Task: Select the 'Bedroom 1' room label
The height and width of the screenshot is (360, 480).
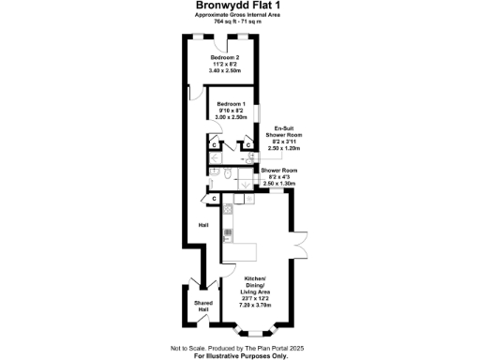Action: [x=231, y=103]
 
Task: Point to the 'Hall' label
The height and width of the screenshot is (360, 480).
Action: [x=202, y=226]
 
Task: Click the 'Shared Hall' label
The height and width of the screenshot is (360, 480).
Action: [x=202, y=306]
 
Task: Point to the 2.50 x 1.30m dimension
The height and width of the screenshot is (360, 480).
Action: [x=279, y=184]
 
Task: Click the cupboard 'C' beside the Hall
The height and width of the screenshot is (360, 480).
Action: [x=215, y=199]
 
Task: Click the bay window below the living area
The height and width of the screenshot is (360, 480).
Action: [x=257, y=330]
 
